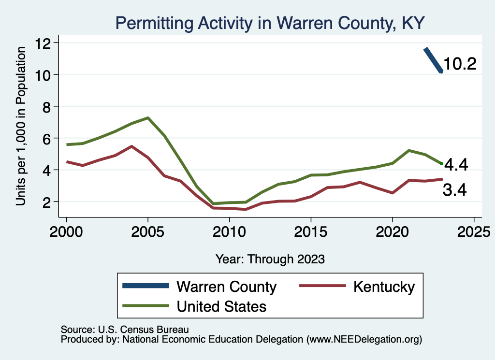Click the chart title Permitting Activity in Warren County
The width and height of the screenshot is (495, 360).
click(270, 23)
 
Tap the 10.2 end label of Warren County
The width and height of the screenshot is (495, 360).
click(460, 64)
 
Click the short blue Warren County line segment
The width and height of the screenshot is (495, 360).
click(433, 60)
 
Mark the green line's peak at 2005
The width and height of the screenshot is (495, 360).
click(148, 118)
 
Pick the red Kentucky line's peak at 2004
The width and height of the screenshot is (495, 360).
click(131, 146)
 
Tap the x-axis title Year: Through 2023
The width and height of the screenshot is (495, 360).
click(270, 259)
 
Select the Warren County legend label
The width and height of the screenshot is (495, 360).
click(227, 287)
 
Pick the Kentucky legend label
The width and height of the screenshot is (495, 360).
click(384, 287)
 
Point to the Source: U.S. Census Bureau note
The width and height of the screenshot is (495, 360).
click(124, 330)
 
